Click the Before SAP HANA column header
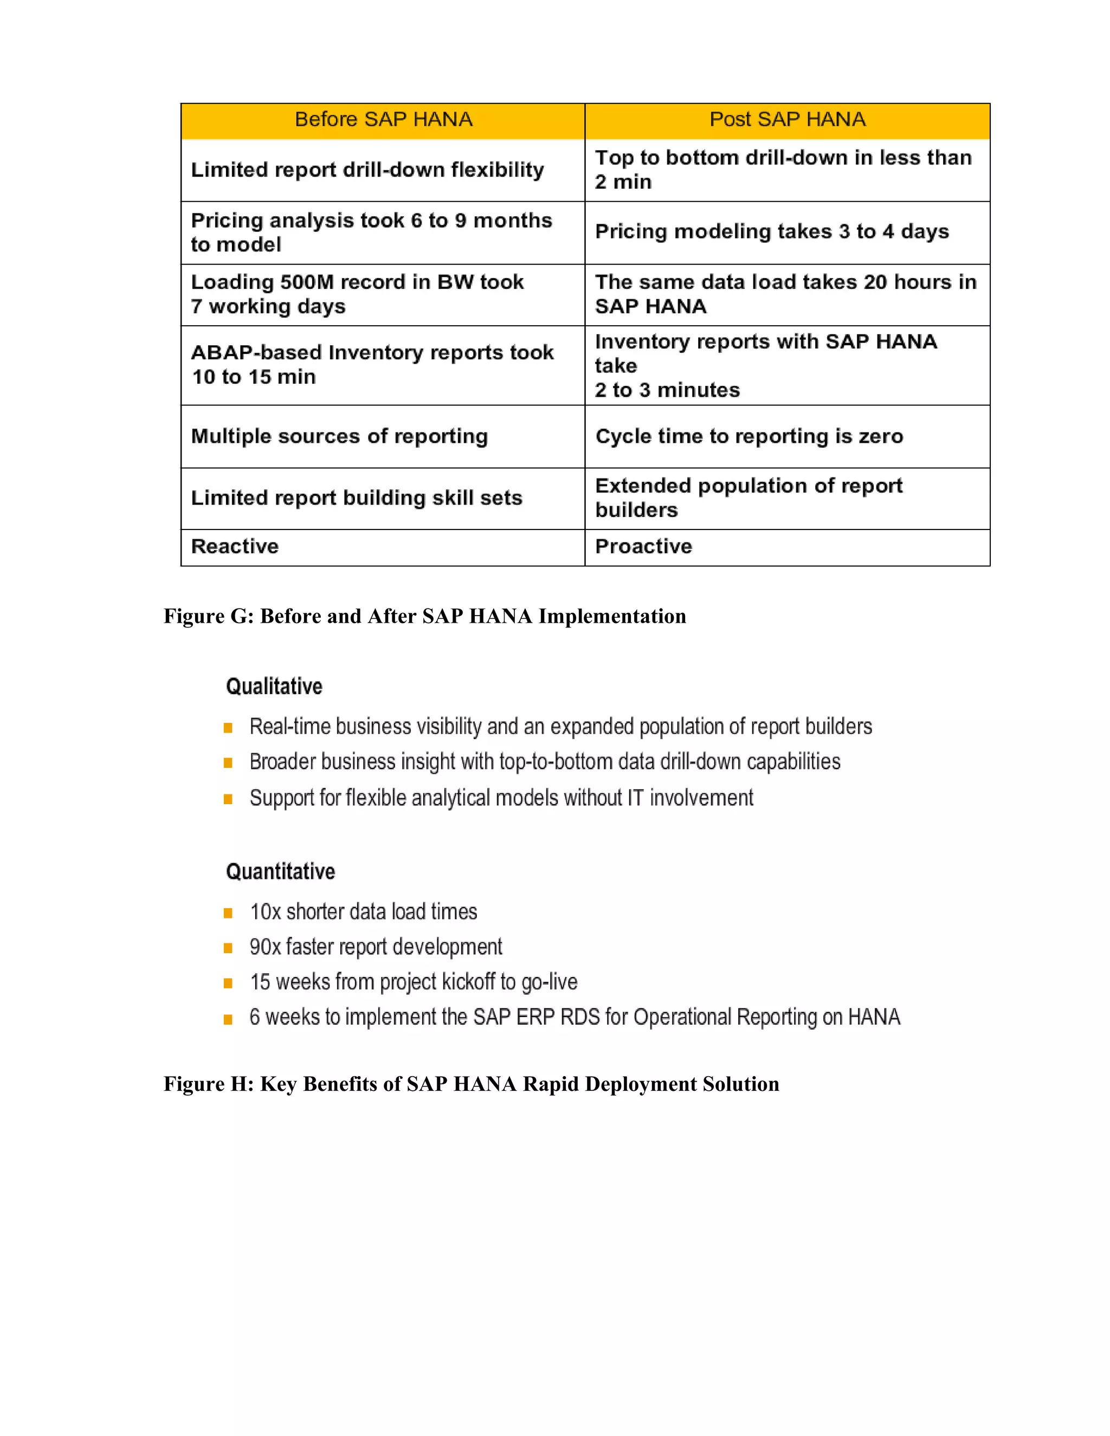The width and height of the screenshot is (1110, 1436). point(383,120)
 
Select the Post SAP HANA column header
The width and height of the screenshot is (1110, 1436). point(787,120)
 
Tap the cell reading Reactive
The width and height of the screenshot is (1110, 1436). point(235,546)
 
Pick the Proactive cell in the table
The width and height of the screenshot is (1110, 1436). point(643,546)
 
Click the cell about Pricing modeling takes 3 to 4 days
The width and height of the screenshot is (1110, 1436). point(771,231)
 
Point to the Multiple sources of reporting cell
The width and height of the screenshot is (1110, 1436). point(339,437)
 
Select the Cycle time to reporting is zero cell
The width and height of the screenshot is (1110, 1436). point(749,437)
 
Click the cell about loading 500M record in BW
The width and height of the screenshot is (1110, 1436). point(357,294)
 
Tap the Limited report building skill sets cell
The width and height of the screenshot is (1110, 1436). point(357,498)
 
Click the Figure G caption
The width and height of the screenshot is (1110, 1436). point(425,616)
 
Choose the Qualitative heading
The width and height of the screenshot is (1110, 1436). point(274,687)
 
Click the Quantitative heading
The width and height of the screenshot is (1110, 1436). point(280,872)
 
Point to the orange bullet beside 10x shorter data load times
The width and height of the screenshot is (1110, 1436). point(228,913)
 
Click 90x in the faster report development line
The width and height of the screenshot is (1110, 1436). point(265,947)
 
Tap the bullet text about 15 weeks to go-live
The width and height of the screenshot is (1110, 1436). point(414,982)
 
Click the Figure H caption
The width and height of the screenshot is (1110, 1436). point(471,1084)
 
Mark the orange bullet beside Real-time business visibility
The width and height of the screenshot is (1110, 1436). point(228,728)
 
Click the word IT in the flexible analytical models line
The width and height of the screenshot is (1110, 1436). point(635,798)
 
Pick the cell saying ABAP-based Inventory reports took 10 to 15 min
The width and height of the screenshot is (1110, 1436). point(372,365)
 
